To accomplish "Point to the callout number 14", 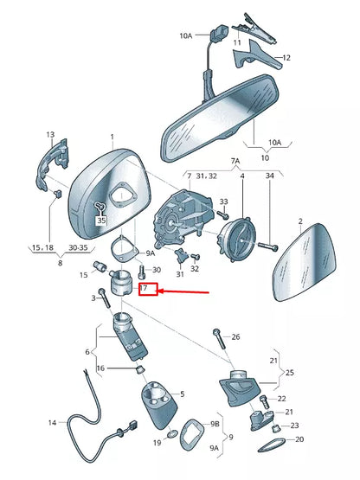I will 51,423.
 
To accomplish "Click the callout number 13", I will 50,135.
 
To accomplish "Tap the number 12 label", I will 281,58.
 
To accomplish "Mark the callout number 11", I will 237,42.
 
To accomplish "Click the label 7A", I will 234,162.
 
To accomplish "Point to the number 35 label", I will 100,221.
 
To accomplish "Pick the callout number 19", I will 157,443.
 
